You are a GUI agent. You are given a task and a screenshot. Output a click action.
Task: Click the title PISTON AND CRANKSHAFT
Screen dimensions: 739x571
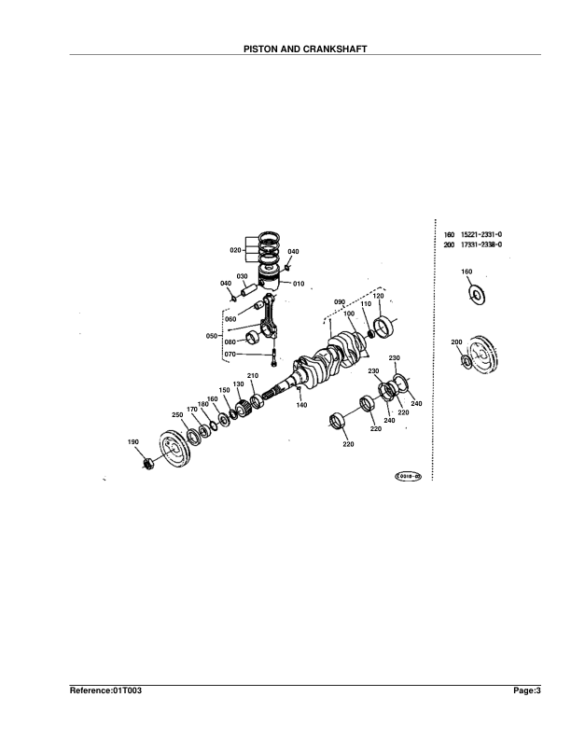coord(285,48)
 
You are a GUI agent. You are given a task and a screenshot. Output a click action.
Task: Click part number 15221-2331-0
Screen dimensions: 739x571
coord(480,235)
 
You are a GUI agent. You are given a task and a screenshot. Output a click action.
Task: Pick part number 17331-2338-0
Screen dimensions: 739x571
coord(480,244)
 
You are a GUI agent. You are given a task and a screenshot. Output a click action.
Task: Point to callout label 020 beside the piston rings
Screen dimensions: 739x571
coord(235,250)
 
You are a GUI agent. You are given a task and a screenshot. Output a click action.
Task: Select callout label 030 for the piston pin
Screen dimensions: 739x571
coord(241,276)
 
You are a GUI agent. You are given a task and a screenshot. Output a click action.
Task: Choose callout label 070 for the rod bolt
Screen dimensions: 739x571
coord(230,354)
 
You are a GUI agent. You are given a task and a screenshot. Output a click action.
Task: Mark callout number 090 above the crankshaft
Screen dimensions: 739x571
coord(340,302)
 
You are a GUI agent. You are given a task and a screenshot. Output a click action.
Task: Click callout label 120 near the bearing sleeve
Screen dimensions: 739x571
coord(379,296)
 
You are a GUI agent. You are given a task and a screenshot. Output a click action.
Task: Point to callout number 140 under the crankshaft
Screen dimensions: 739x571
coord(301,405)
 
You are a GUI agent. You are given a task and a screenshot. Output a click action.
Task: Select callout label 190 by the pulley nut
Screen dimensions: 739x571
coord(132,441)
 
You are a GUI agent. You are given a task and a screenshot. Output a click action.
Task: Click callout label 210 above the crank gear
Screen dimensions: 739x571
coord(252,375)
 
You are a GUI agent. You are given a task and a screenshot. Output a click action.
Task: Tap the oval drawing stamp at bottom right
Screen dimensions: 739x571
coord(409,475)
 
